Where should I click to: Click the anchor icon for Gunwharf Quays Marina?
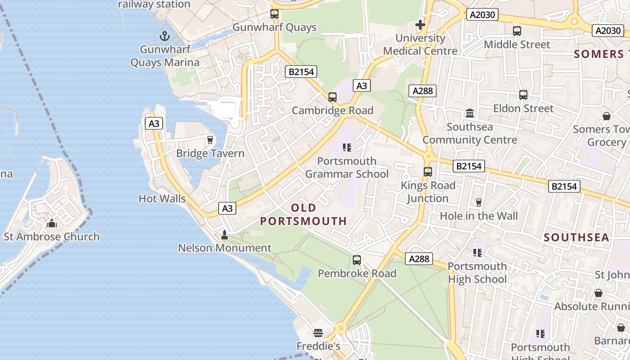[x=165, y=36]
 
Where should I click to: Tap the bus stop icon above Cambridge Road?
[x=333, y=97]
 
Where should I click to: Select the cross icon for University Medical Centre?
[x=420, y=24]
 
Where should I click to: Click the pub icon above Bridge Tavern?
[x=210, y=140]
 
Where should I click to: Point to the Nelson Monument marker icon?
[x=225, y=234]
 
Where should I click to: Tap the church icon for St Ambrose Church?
[x=52, y=223]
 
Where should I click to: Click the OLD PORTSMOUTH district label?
[x=304, y=214]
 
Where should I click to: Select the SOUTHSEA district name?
[x=576, y=237]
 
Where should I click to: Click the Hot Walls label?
[x=162, y=198]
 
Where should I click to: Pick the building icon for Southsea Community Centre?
[x=470, y=113]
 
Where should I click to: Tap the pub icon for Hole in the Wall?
[x=479, y=202]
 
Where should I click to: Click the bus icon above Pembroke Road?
[x=357, y=260]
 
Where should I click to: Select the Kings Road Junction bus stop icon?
[x=428, y=171]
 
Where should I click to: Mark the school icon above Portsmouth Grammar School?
[x=346, y=147]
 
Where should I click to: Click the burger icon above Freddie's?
[x=318, y=333]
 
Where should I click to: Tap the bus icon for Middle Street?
[x=517, y=31]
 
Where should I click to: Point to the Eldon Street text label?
[x=523, y=108]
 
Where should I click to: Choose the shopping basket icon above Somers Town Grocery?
[x=607, y=116]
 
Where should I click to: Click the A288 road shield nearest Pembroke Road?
[x=419, y=259]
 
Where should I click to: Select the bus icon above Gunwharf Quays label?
[x=274, y=13]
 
